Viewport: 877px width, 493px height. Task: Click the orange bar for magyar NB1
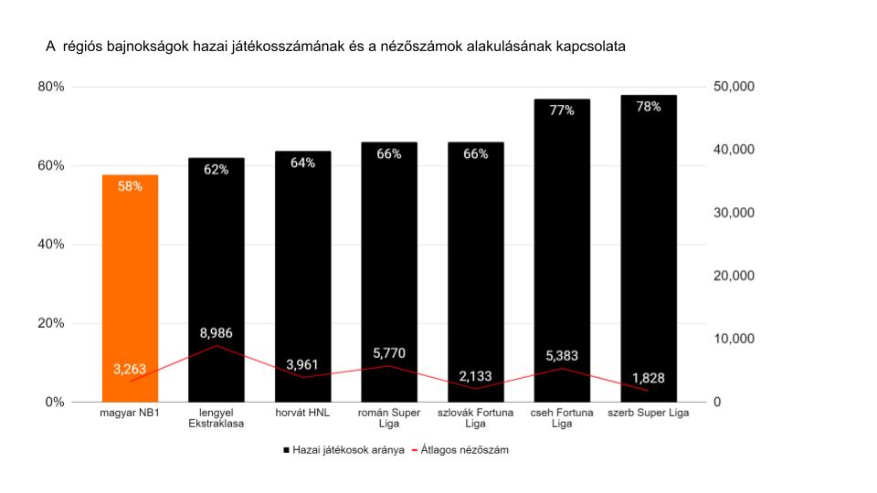(x=130, y=274)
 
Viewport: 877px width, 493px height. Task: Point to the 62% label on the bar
(x=217, y=170)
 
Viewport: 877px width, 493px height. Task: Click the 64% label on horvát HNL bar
(x=302, y=163)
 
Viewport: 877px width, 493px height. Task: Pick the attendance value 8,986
(x=217, y=332)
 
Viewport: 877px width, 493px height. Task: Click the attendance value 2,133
(x=475, y=374)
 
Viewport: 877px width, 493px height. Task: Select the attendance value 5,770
(x=389, y=352)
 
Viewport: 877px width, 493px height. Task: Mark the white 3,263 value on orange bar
(x=130, y=369)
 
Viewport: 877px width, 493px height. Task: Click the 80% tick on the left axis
(x=50, y=87)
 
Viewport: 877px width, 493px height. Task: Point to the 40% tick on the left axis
(x=50, y=245)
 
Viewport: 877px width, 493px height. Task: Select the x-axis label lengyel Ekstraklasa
(x=217, y=418)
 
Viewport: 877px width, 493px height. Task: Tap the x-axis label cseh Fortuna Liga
(x=562, y=418)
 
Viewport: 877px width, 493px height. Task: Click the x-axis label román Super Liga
(x=389, y=418)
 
